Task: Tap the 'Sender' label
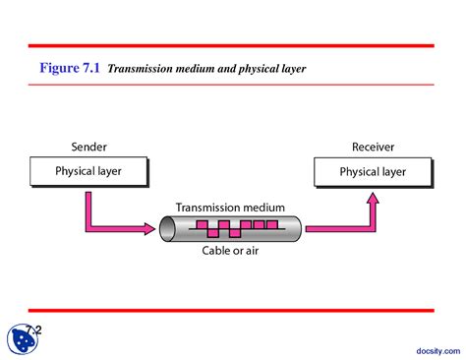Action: pyautogui.click(x=88, y=147)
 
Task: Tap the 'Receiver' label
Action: pyautogui.click(x=372, y=147)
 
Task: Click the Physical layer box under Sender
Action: pyautogui.click(x=89, y=172)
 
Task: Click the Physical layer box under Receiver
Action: pyautogui.click(x=373, y=172)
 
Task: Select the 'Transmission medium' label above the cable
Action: pyautogui.click(x=230, y=208)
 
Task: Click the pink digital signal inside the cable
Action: pyautogui.click(x=236, y=229)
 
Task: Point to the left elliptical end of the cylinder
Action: pyautogui.click(x=167, y=229)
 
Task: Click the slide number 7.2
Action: pyautogui.click(x=35, y=330)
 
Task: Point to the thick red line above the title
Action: pyautogui.click(x=230, y=45)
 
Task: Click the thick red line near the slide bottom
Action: pyautogui.click(x=230, y=310)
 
